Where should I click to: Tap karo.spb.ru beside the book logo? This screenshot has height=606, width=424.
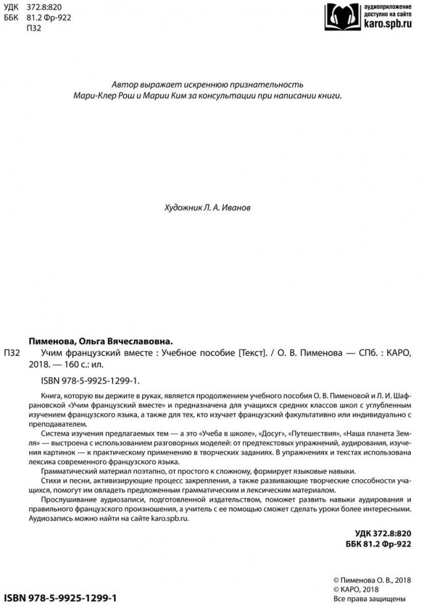pyautogui.click(x=388, y=26)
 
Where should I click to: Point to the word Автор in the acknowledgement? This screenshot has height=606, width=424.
pyautogui.click(x=123, y=84)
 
